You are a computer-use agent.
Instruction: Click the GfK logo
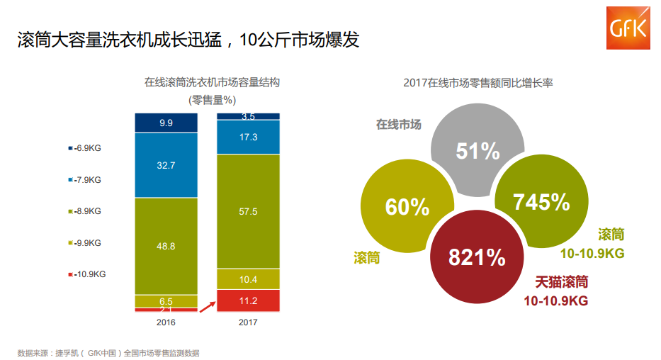[x=629, y=27]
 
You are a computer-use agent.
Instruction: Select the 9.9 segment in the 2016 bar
[x=166, y=123]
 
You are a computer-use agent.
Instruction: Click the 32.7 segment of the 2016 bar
[x=166, y=165]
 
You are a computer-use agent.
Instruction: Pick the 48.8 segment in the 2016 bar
[x=166, y=246]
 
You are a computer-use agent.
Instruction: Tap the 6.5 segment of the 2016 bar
[x=166, y=301]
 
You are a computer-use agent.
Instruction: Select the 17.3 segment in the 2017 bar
[x=248, y=137]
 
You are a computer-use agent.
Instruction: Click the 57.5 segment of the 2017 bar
[x=248, y=211]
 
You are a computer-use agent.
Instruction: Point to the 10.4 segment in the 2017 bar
[x=248, y=279]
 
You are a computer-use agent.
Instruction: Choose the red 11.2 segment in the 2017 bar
[x=248, y=300]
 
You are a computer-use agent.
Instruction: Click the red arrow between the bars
[x=206, y=305]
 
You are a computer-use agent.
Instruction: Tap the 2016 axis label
[x=166, y=322]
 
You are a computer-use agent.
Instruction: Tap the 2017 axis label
[x=248, y=322]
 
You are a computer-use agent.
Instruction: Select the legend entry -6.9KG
[x=85, y=148]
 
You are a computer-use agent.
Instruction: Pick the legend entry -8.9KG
[x=85, y=211]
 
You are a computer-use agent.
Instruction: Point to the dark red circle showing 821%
[x=476, y=257]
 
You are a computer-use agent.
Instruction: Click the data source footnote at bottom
[x=113, y=352]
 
